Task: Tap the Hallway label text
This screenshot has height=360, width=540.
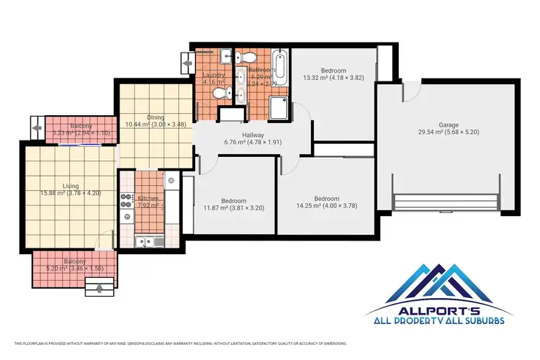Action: (x=252, y=135)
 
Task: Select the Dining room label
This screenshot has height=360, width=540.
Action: (x=155, y=117)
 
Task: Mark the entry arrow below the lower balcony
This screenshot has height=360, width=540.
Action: (x=99, y=289)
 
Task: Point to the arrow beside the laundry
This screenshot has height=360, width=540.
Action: (x=189, y=63)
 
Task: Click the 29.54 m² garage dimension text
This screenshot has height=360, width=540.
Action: (x=448, y=132)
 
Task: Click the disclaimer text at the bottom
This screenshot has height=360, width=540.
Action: (x=180, y=343)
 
